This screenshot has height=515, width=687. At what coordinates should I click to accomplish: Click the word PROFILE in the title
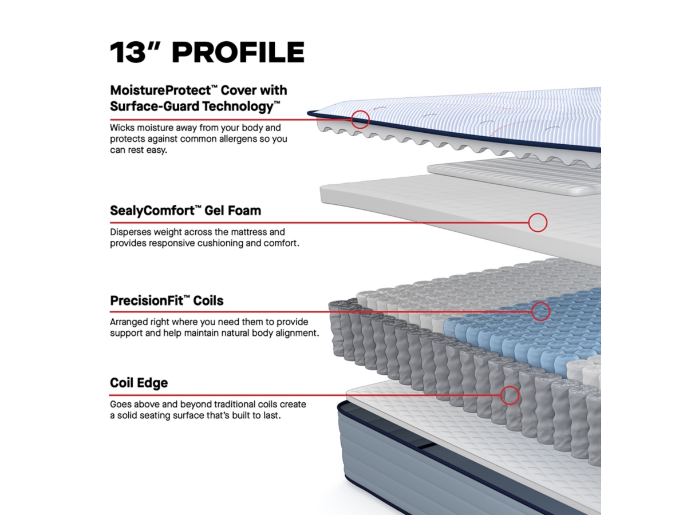[x=238, y=52]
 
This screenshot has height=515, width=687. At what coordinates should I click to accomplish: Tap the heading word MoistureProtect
[x=161, y=90]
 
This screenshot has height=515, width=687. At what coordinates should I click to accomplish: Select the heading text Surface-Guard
[x=155, y=106]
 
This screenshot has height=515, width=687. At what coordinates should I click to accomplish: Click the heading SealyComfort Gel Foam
[x=185, y=211]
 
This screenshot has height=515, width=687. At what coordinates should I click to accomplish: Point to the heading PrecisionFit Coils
[x=167, y=300]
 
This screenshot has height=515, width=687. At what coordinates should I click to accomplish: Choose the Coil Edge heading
[x=139, y=383]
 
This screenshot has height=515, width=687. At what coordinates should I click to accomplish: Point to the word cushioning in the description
[x=220, y=243]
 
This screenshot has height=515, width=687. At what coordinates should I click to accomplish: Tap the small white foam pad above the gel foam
[x=514, y=176]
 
